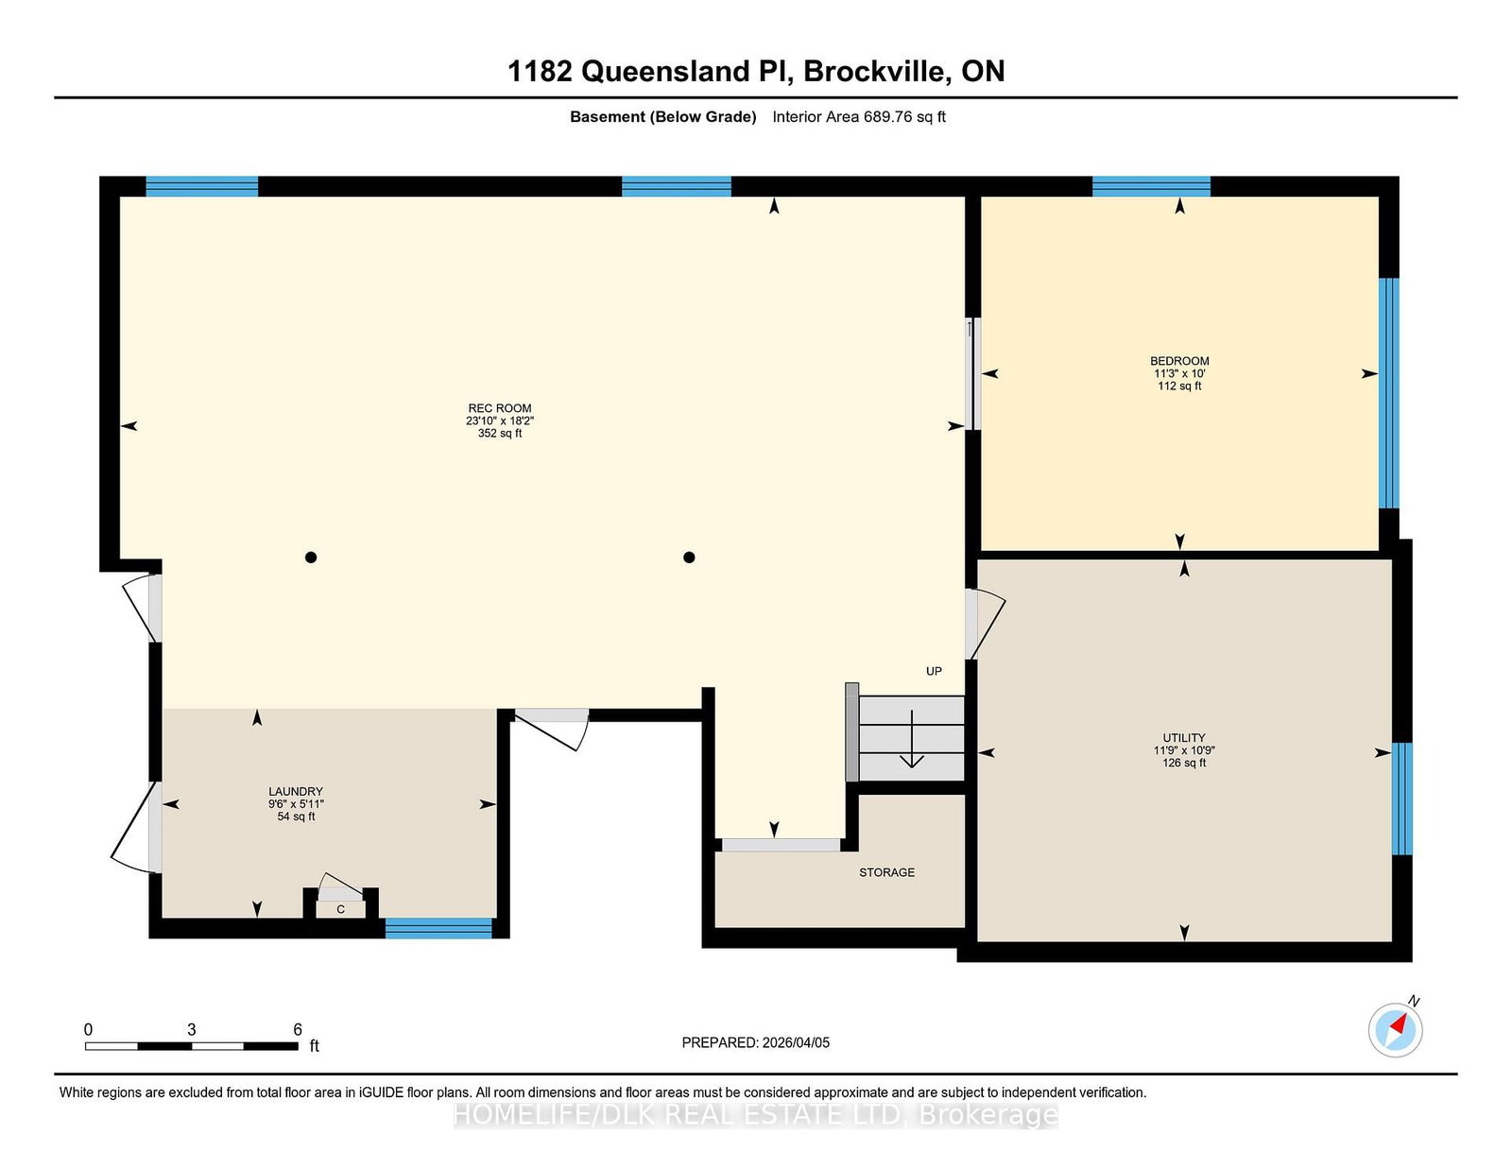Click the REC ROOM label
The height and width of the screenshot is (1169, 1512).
pyautogui.click(x=500, y=408)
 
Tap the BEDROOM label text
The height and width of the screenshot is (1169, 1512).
pyautogui.click(x=1179, y=361)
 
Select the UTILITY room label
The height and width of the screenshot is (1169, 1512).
pyautogui.click(x=1183, y=737)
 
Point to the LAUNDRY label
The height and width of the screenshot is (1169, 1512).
pyautogui.click(x=296, y=791)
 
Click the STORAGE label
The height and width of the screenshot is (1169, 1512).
pyautogui.click(x=886, y=872)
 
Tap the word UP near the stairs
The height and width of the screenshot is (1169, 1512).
pyautogui.click(x=934, y=671)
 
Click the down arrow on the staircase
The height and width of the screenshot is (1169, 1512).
pyautogui.click(x=912, y=738)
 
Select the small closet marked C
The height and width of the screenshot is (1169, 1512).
pyautogui.click(x=341, y=909)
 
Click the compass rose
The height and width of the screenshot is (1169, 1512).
pyautogui.click(x=1395, y=1030)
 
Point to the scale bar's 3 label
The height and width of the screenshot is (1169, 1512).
pyautogui.click(x=191, y=1029)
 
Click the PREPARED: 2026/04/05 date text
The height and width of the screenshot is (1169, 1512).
pyautogui.click(x=756, y=1042)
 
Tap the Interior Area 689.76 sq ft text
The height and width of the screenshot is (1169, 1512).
pyautogui.click(x=859, y=117)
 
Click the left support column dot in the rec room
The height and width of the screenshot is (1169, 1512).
pyautogui.click(x=311, y=557)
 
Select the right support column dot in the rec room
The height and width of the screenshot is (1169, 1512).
pyautogui.click(x=689, y=557)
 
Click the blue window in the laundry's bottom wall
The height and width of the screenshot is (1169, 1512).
pyautogui.click(x=438, y=928)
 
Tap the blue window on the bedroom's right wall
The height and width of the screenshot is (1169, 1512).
pyautogui.click(x=1389, y=393)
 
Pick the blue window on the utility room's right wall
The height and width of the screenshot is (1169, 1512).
pyautogui.click(x=1402, y=799)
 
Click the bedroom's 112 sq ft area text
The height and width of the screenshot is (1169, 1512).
pyautogui.click(x=1179, y=387)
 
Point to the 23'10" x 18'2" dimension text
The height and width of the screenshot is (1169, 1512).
pyautogui.click(x=500, y=421)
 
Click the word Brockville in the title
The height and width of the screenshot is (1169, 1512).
pyautogui.click(x=877, y=71)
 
